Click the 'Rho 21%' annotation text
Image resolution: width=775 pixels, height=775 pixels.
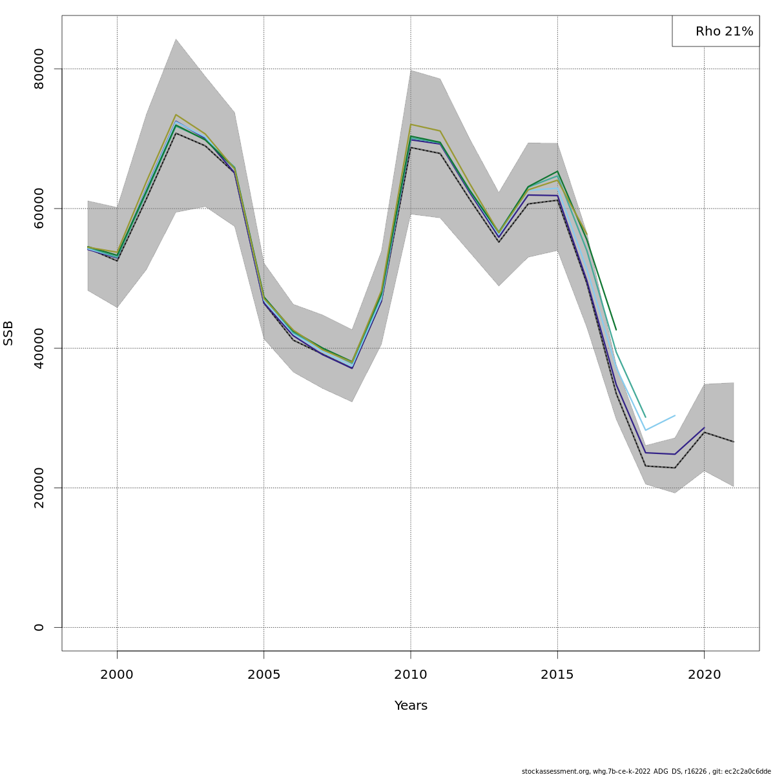(724, 32)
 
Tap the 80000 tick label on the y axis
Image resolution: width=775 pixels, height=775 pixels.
(39, 68)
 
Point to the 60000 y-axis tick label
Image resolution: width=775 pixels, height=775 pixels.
(39, 208)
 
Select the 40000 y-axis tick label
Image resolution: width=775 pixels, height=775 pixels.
(39, 348)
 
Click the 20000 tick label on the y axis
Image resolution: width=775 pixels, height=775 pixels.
(39, 488)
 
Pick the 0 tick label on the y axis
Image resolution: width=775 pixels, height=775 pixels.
(39, 627)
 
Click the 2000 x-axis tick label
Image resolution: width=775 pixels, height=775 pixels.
(117, 675)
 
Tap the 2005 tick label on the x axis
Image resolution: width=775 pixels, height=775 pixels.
(263, 675)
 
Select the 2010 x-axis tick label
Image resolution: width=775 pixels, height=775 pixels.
(411, 675)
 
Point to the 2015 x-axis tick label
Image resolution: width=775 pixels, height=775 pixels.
(557, 675)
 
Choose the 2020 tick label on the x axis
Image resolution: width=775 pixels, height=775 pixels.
(704, 675)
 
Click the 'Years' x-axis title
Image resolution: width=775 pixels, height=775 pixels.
(411, 706)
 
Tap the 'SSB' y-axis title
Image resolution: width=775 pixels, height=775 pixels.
(8, 333)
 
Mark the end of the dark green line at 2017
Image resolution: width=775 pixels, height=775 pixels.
(616, 330)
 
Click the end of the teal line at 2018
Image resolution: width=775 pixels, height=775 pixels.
(645, 417)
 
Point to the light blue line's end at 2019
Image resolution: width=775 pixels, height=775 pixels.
(675, 415)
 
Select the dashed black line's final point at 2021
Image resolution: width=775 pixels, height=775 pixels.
(734, 442)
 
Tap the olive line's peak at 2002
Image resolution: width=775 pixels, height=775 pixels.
(176, 114)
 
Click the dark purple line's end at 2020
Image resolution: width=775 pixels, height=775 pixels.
(704, 428)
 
